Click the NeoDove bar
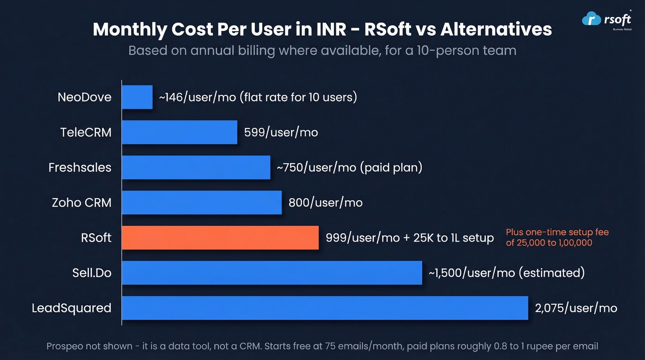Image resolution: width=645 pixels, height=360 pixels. pyautogui.click(x=137, y=97)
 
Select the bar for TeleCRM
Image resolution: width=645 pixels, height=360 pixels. pyautogui.click(x=180, y=132)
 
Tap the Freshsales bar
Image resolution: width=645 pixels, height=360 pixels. pyautogui.click(x=196, y=167)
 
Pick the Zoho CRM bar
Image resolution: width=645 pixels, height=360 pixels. pyautogui.click(x=202, y=202)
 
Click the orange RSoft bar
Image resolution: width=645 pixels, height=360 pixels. pyautogui.click(x=220, y=237)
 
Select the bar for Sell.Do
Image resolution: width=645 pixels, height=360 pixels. pyautogui.click(x=272, y=272)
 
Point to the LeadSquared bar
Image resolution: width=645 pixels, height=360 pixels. pyautogui.click(x=325, y=307)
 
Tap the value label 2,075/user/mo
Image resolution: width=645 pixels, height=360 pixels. pyautogui.click(x=576, y=308)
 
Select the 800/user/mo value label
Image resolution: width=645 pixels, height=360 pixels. pyautogui.click(x=325, y=203)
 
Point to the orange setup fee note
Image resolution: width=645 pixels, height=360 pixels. pyautogui.click(x=557, y=237)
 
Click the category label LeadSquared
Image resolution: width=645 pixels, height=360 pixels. pyautogui.click(x=71, y=308)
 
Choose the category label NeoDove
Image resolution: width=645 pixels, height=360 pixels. pyautogui.click(x=84, y=97)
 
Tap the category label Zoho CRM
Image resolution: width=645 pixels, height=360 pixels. pyautogui.click(x=82, y=203)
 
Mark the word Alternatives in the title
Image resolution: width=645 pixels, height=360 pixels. pyautogui.click(x=496, y=30)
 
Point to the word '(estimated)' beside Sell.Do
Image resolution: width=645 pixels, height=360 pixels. pyautogui.click(x=551, y=273)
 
